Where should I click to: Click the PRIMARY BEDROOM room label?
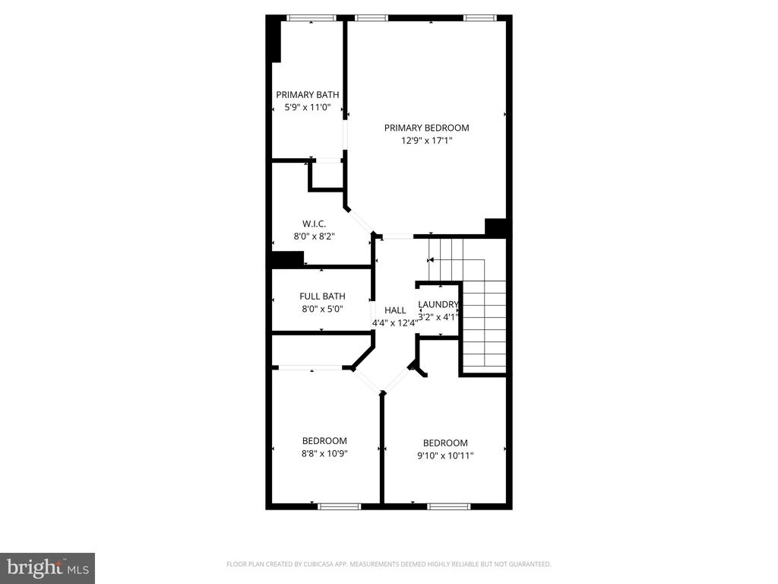click(426, 128)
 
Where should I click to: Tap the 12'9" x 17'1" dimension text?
click(426, 140)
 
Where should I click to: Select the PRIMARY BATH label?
click(307, 95)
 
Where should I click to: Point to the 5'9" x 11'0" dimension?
click(307, 107)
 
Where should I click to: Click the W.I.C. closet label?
click(315, 224)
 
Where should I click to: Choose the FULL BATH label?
click(322, 297)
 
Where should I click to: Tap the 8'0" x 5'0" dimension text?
click(322, 309)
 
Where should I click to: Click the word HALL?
click(395, 310)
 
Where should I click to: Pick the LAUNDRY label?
click(438, 305)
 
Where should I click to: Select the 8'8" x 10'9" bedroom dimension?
click(324, 453)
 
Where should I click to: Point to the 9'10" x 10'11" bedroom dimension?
click(445, 455)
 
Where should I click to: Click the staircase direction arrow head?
click(431, 259)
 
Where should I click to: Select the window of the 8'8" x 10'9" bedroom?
click(339, 506)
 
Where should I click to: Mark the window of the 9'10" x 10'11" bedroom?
click(448, 506)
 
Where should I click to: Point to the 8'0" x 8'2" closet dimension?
click(315, 236)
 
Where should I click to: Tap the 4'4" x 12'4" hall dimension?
click(395, 322)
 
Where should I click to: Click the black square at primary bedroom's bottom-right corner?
click(495, 227)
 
